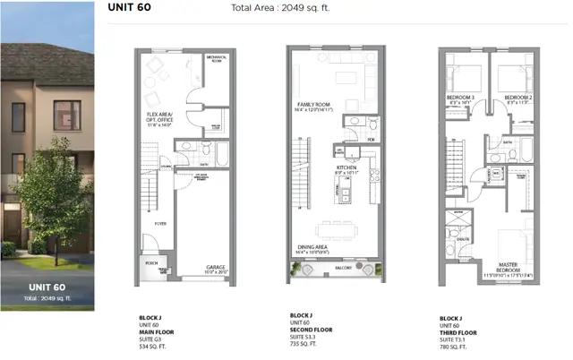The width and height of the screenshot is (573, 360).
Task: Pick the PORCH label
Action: point(141,262)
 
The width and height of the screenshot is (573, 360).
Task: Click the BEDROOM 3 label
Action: point(459,98)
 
